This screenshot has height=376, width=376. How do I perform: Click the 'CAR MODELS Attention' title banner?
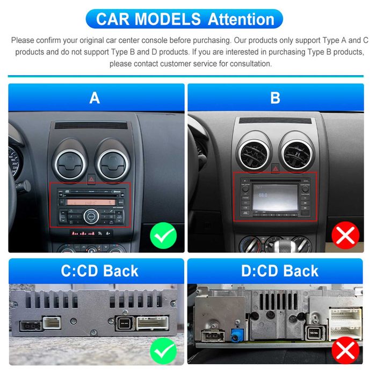pos(185,19)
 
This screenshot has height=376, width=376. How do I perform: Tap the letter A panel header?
pos(96,98)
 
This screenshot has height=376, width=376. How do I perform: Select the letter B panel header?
pos(276,98)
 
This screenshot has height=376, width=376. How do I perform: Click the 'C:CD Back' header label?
pos(99,271)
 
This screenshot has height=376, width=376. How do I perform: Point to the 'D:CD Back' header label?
pos(279,271)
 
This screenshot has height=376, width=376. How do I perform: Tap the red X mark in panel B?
pos(345,235)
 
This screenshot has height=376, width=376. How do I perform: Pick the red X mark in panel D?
pos(346,351)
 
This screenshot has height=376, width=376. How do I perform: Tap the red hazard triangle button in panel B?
pos(275,170)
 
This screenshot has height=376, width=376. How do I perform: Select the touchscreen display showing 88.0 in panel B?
pos(275,193)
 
